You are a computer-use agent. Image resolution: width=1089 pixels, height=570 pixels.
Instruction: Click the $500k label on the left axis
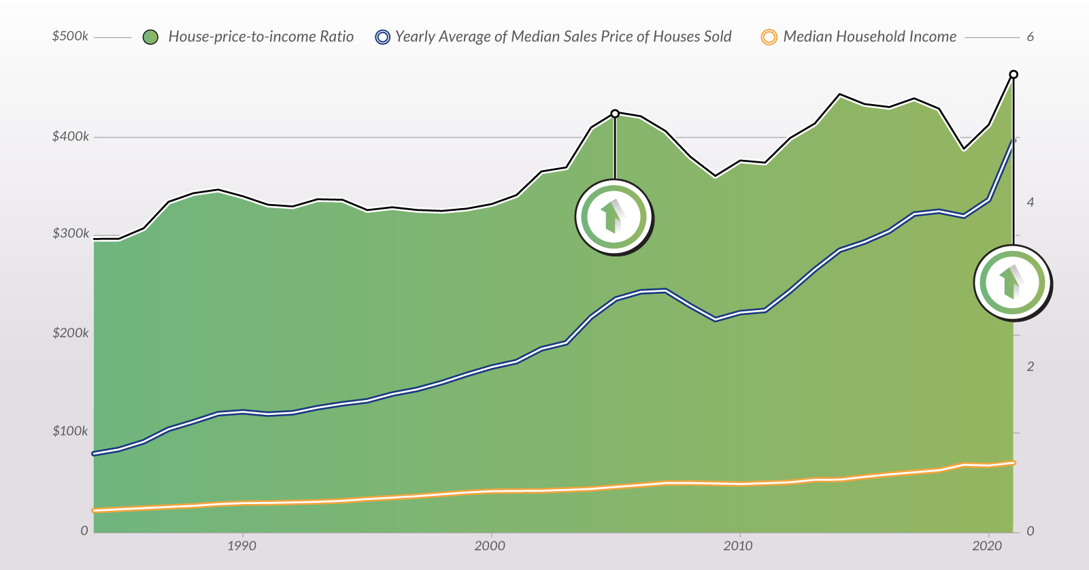(x=70, y=36)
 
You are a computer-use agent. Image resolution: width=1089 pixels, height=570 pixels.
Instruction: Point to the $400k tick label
(x=71, y=137)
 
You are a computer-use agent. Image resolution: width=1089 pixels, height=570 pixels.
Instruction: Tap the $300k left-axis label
(x=71, y=234)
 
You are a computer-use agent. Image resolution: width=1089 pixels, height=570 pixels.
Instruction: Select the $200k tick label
(x=71, y=333)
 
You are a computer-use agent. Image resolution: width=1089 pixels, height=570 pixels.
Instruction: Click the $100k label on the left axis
(x=71, y=431)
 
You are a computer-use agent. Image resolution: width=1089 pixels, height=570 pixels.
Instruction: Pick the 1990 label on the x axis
(x=241, y=546)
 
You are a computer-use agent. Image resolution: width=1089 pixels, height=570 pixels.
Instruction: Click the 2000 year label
(x=490, y=546)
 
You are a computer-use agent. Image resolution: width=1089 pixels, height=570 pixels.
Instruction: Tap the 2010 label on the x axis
(x=738, y=546)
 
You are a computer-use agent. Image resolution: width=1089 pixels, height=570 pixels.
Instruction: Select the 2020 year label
(x=987, y=546)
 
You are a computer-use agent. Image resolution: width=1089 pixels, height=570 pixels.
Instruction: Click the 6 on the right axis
(x=1031, y=37)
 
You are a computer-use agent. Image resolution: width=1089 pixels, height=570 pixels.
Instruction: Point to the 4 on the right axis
(x=1031, y=202)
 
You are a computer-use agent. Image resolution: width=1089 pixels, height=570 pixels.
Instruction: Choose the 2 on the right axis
(x=1031, y=367)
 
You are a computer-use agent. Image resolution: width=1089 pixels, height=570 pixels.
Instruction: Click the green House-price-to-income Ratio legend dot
(x=150, y=37)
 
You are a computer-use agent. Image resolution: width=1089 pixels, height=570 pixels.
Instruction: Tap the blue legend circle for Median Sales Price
(x=383, y=37)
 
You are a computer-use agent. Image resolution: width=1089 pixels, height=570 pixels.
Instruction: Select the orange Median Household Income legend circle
(x=769, y=37)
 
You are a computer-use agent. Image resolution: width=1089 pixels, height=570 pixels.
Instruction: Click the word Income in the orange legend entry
(x=933, y=37)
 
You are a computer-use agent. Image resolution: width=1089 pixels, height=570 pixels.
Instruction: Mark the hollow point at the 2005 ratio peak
(x=615, y=114)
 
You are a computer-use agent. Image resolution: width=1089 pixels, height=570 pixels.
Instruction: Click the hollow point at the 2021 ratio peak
(x=1013, y=75)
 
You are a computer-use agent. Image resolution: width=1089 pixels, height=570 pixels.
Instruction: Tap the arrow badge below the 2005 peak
(x=614, y=217)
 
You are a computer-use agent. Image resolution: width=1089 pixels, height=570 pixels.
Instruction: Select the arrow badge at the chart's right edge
(x=1012, y=282)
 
